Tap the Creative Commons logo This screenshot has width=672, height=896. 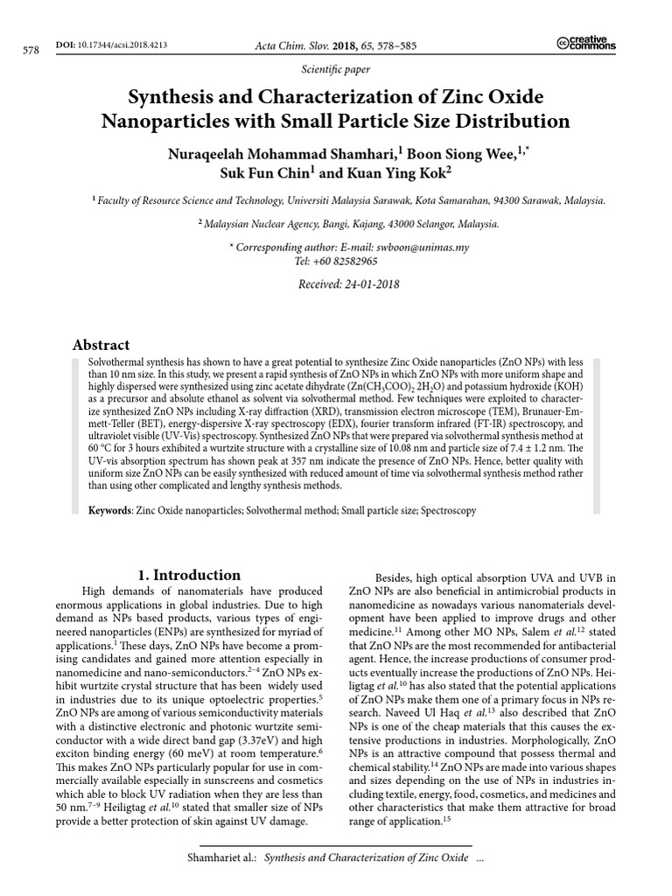(585, 44)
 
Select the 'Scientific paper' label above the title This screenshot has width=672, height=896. (336, 68)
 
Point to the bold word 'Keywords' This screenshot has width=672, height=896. (108, 510)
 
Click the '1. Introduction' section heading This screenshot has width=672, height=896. (190, 575)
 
